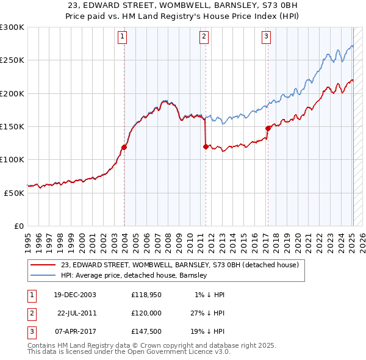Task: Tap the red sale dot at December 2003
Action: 124,147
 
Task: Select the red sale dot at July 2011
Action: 206,146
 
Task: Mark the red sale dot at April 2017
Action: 268,128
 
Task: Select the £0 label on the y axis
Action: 18,226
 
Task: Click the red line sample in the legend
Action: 42,265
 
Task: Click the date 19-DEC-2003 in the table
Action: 74,295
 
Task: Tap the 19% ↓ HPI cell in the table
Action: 207,331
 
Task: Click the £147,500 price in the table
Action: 146,331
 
